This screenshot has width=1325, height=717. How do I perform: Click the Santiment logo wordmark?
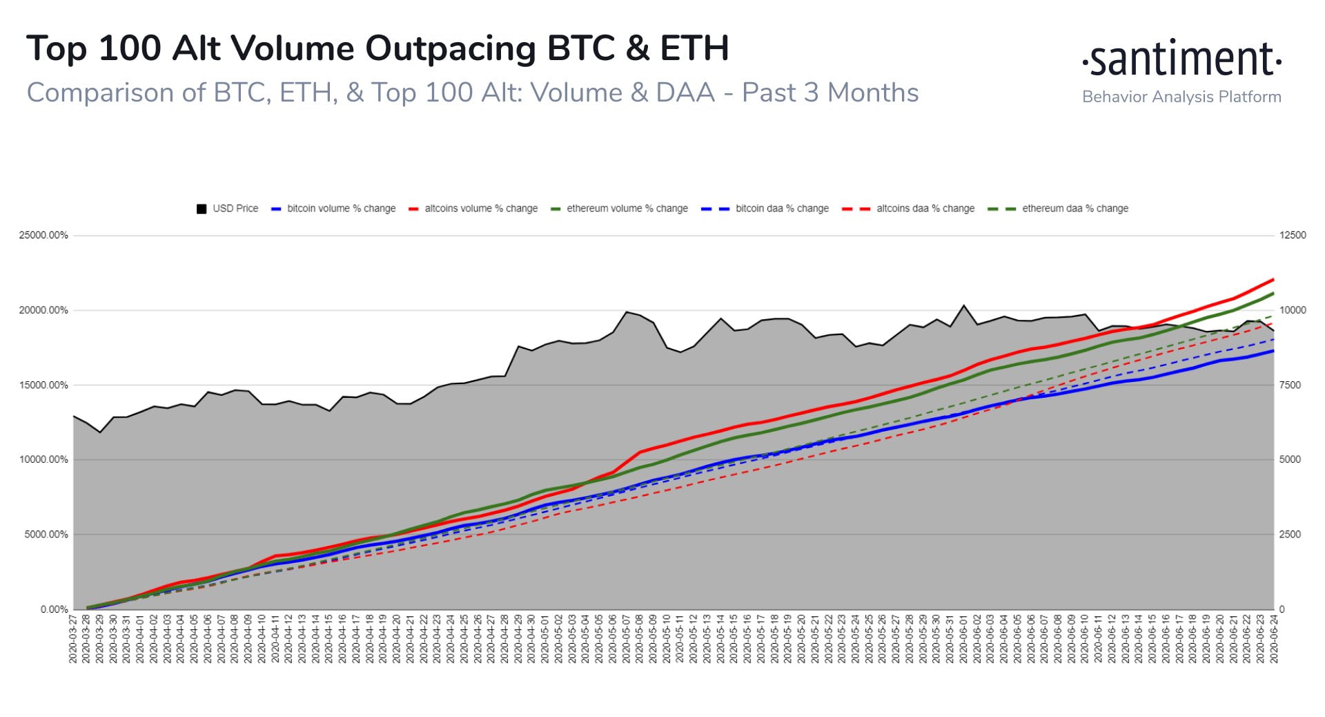pyautogui.click(x=1181, y=59)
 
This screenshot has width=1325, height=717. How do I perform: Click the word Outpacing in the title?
pyautogui.click(x=451, y=49)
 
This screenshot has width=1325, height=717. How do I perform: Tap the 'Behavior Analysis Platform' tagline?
pyautogui.click(x=1181, y=97)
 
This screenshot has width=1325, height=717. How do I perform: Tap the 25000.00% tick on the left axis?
pyautogui.click(x=43, y=236)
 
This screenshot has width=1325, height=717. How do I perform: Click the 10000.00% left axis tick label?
pyautogui.click(x=43, y=460)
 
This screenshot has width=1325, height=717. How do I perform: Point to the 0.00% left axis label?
pyautogui.click(x=54, y=610)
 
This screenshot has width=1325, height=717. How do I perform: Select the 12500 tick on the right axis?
pyautogui.click(x=1293, y=236)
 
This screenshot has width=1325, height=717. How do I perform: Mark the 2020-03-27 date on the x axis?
pyautogui.click(x=73, y=640)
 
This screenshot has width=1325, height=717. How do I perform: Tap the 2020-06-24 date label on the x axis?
pyautogui.click(x=1274, y=640)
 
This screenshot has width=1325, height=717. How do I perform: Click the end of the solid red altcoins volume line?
pyautogui.click(x=1273, y=280)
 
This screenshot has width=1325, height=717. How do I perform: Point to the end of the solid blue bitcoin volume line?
pyautogui.click(x=1273, y=351)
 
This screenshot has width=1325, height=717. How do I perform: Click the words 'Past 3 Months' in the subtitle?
pyautogui.click(x=830, y=93)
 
